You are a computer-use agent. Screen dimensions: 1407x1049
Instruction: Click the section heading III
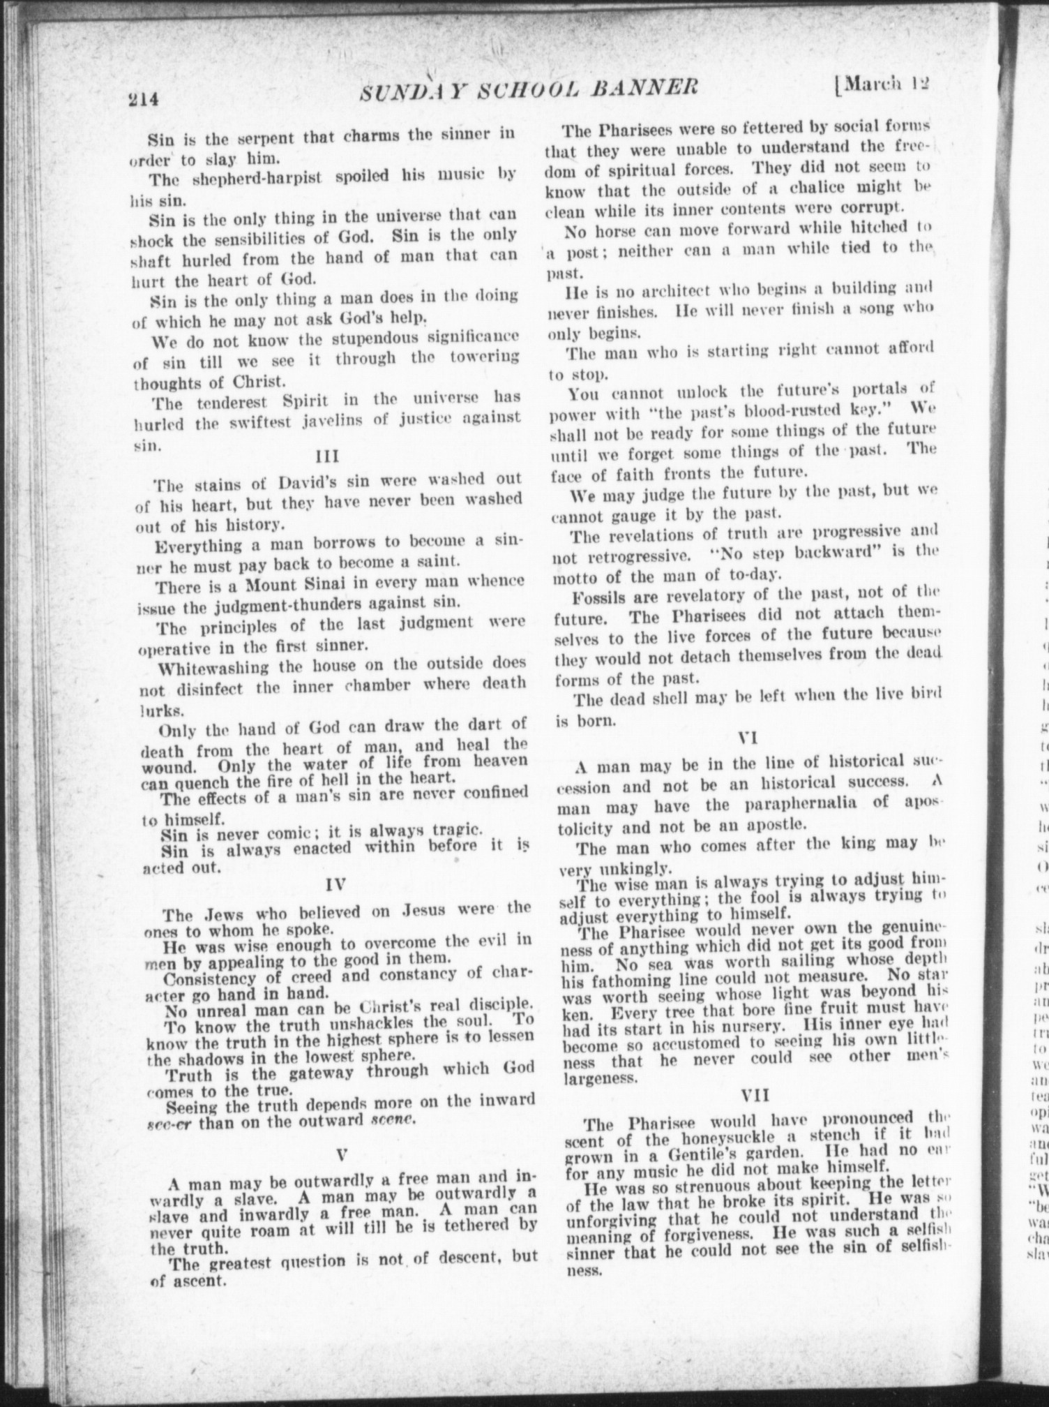point(327,457)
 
